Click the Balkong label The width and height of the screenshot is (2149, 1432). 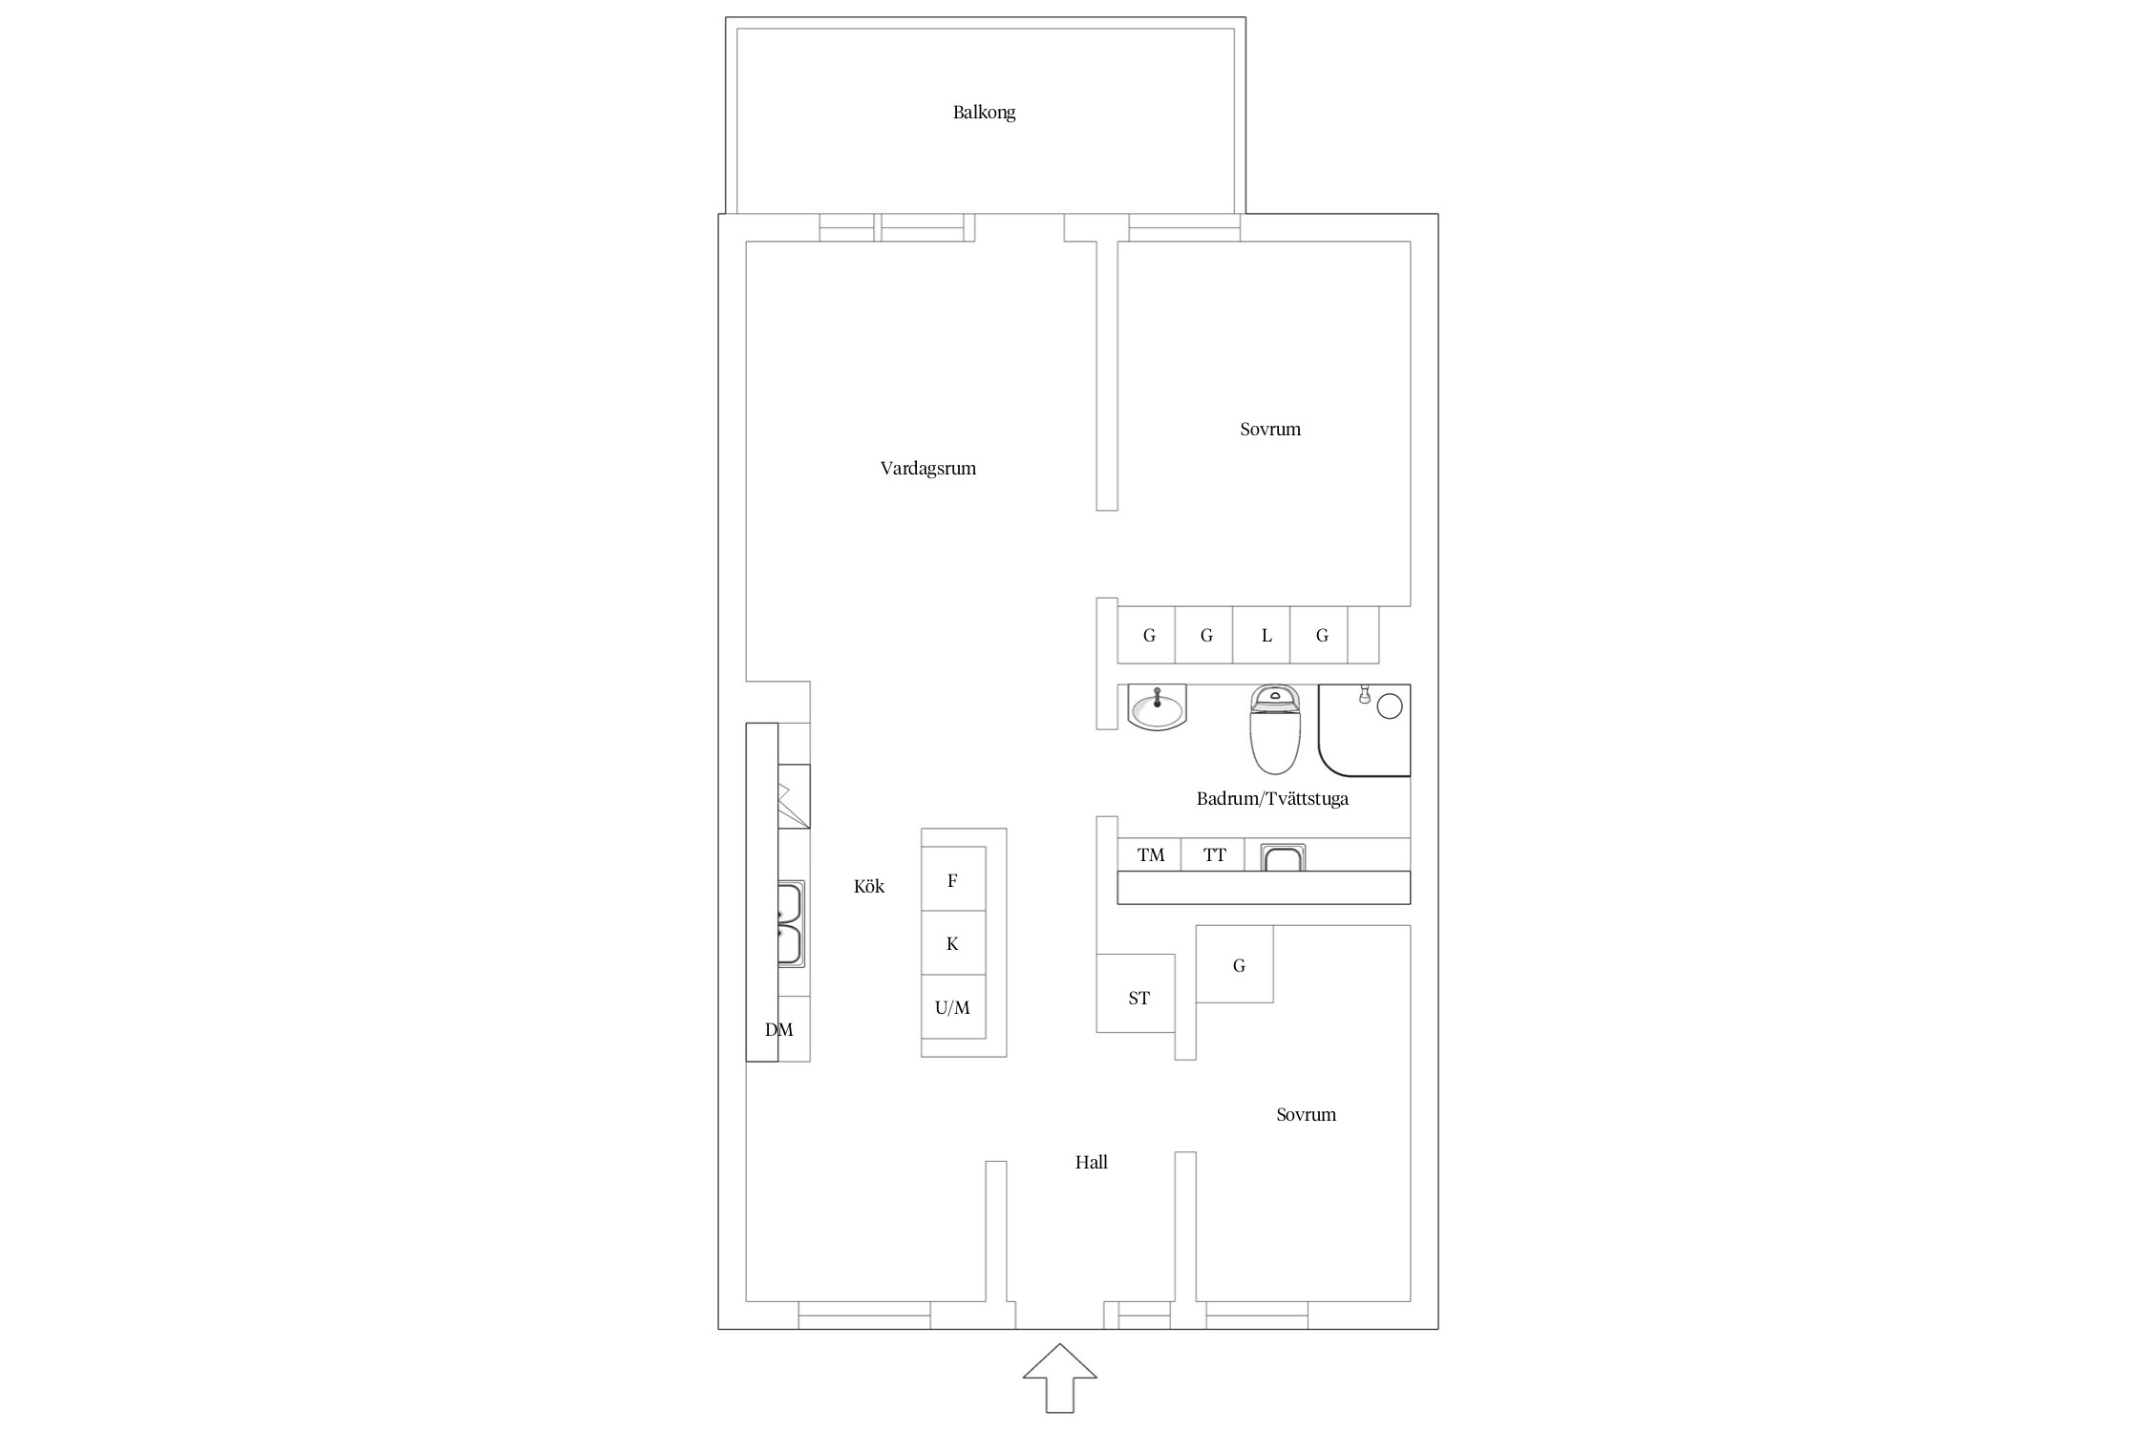(x=984, y=113)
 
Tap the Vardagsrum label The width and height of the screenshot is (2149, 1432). (x=928, y=469)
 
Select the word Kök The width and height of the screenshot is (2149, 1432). (x=869, y=886)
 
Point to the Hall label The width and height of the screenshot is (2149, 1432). (x=1092, y=1162)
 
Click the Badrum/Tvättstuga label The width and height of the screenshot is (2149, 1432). (x=1272, y=798)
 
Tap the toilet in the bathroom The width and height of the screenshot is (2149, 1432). (x=1276, y=729)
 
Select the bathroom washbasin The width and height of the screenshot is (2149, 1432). (x=1158, y=707)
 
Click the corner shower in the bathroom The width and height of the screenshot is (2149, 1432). (x=1364, y=730)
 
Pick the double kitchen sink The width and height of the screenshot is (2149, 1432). (x=791, y=924)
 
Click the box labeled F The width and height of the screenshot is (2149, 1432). (x=952, y=879)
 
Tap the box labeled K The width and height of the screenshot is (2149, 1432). (x=952, y=943)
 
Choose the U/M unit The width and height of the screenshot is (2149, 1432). (x=952, y=1007)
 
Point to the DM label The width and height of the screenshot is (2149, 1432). (x=779, y=1029)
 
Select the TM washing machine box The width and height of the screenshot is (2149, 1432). (x=1150, y=854)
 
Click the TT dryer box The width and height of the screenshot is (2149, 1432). (x=1213, y=854)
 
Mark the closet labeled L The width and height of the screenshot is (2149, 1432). (x=1262, y=635)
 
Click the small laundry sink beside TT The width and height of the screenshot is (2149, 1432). (x=1283, y=856)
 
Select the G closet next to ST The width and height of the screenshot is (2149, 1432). (x=1234, y=963)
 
